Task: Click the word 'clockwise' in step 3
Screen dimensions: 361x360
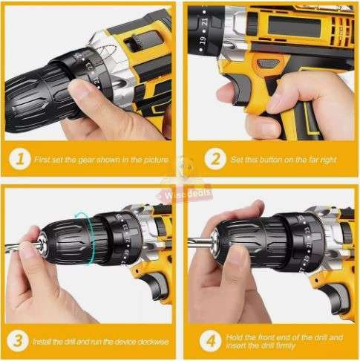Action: click(148, 343)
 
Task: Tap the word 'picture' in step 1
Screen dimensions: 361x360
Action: click(154, 159)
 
